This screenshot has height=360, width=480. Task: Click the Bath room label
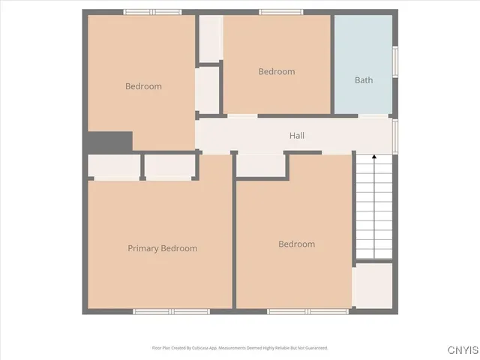click(x=364, y=80)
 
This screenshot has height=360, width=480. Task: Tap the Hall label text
click(x=297, y=136)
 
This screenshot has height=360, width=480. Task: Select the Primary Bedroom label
click(x=162, y=248)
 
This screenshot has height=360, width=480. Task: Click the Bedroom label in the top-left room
click(x=142, y=86)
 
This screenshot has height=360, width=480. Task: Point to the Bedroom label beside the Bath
click(x=277, y=71)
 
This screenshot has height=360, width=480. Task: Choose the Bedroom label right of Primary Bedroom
click(x=296, y=244)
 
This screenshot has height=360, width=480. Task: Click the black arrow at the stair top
click(x=374, y=158)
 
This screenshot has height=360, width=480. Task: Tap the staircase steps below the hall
click(x=373, y=210)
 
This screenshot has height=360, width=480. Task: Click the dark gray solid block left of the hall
click(x=109, y=141)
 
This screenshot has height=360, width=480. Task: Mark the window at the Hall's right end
click(x=394, y=135)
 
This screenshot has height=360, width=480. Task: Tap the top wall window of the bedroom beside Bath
click(x=280, y=12)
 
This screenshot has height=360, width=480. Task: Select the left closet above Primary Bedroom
click(x=114, y=166)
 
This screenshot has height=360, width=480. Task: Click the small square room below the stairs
click(x=373, y=285)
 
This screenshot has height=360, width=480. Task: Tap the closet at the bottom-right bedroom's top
click(x=260, y=165)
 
